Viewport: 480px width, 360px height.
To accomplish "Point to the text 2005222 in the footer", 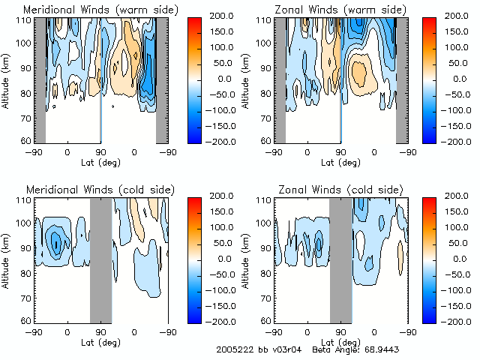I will tap(231, 350).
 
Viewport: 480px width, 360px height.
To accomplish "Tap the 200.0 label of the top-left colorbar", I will tap(223, 16).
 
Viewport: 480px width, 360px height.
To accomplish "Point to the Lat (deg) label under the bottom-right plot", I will tap(340, 341).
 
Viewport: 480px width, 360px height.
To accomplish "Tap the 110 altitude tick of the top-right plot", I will tap(264, 20).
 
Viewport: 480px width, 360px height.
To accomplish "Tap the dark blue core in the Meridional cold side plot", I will tap(54, 241).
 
